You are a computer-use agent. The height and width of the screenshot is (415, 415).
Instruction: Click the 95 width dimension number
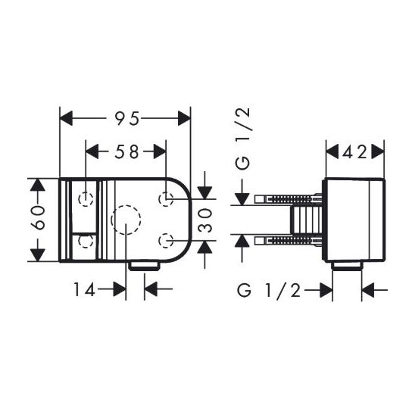point(127,118)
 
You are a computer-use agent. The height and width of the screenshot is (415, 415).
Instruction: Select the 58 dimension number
point(126,151)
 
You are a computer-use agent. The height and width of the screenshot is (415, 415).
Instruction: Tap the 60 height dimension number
point(38,217)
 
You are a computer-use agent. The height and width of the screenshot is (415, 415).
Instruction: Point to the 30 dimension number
point(205,220)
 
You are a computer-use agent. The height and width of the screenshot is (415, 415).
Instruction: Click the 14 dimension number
point(84,289)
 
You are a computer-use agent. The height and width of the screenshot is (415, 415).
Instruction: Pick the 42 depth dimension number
point(354,152)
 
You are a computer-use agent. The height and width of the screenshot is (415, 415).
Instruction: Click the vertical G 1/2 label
point(242,139)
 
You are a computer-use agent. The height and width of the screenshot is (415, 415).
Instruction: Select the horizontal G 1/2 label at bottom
point(269,290)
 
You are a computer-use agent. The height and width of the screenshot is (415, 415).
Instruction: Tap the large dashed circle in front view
point(126,205)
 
